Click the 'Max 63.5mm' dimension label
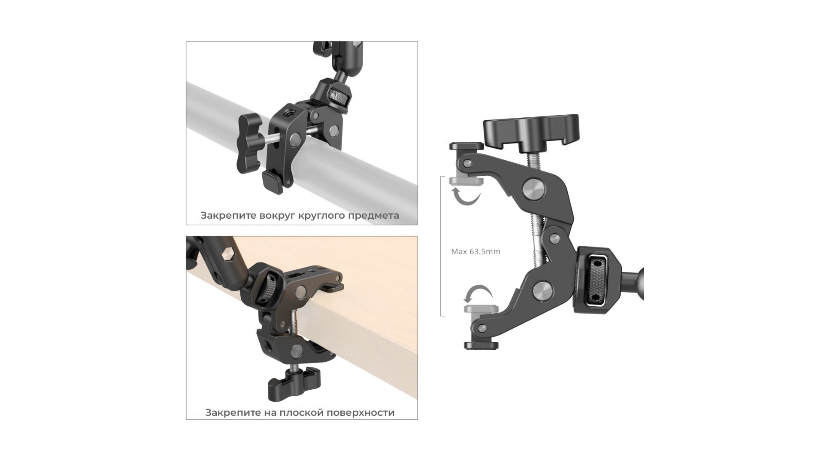(x=476, y=252)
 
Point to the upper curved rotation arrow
(x=467, y=199)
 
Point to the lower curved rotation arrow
(x=478, y=295)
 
